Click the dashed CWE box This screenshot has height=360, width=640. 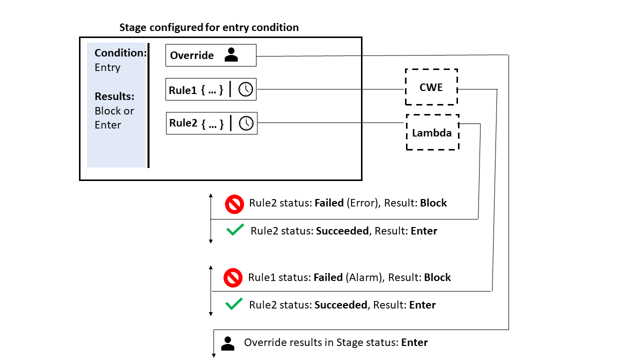click(431, 87)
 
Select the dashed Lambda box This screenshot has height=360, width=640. click(432, 132)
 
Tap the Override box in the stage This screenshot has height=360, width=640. click(210, 55)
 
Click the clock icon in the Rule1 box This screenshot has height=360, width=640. click(245, 89)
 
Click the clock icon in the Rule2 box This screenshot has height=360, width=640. click(246, 123)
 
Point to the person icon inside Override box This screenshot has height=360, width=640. click(231, 55)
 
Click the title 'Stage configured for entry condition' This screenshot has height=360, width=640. click(209, 27)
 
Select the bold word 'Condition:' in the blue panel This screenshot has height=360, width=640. click(120, 53)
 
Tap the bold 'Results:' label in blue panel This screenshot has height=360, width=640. click(114, 96)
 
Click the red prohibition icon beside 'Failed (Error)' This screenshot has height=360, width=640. click(233, 204)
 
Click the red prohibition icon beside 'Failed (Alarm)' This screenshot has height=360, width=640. click(232, 278)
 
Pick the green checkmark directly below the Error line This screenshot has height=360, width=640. click(235, 230)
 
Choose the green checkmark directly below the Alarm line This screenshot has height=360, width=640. click(233, 304)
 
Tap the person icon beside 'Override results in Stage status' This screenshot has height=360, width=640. click(227, 343)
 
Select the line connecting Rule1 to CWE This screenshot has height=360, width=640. click(330, 90)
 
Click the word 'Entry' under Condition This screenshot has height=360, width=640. click(107, 67)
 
